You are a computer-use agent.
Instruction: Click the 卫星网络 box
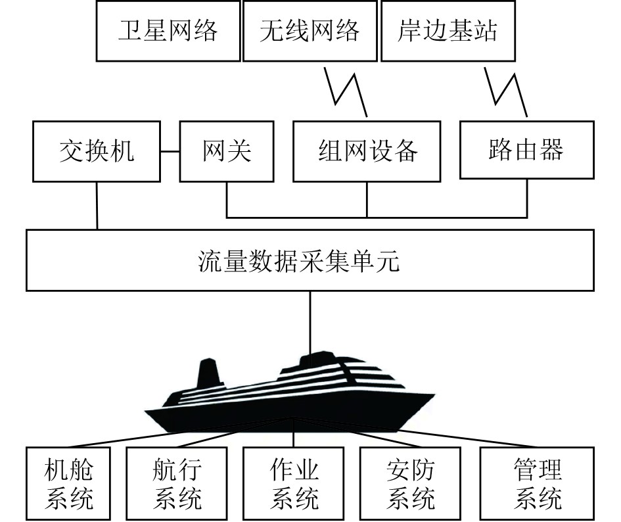pos(168,31)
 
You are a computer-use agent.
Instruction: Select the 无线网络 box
pos(310,31)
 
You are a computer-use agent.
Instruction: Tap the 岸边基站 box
pos(448,31)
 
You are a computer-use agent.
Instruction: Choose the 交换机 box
pos(97,151)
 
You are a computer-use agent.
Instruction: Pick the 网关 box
pos(227,151)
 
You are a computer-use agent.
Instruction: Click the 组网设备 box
pos(367,151)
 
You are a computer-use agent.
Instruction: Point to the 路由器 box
pos(526,150)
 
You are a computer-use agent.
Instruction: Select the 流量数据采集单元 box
pos(310,260)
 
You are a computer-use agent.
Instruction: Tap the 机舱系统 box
pos(69,483)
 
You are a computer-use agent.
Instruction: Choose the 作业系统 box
pos(294,483)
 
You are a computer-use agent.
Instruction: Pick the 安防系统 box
pos(411,483)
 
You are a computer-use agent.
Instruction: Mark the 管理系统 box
pos(538,483)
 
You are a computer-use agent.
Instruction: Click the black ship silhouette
pos(289,401)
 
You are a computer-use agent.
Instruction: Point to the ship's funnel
pos(208,375)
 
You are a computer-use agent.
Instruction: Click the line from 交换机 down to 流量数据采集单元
pos(97,205)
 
